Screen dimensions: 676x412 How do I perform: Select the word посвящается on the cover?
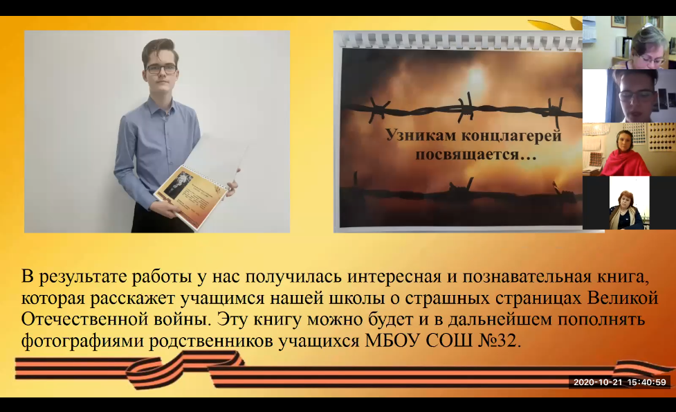click(468, 154)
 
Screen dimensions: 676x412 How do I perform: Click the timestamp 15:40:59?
click(646, 382)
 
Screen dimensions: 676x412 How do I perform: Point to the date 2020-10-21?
click(599, 382)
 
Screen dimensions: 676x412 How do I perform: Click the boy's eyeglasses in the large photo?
click(161, 68)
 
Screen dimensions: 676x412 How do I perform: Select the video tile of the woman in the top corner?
click(629, 42)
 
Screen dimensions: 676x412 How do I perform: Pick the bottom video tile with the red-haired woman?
click(629, 203)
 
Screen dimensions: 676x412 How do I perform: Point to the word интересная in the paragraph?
click(394, 277)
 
